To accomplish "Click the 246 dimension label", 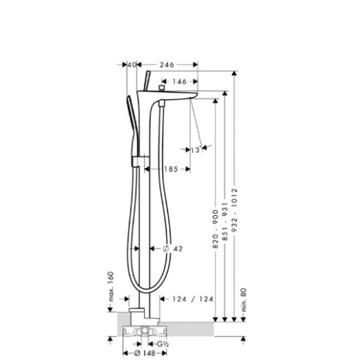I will [x=167, y=65].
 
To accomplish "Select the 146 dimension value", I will [x=179, y=81].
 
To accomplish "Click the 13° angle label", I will [x=195, y=150].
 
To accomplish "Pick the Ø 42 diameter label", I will [x=173, y=248].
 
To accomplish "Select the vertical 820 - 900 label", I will [x=215, y=229].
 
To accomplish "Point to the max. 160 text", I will [x=111, y=285].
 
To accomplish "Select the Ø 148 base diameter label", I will [x=146, y=353].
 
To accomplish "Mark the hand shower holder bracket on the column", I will [x=136, y=161].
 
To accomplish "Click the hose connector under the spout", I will [x=163, y=104].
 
